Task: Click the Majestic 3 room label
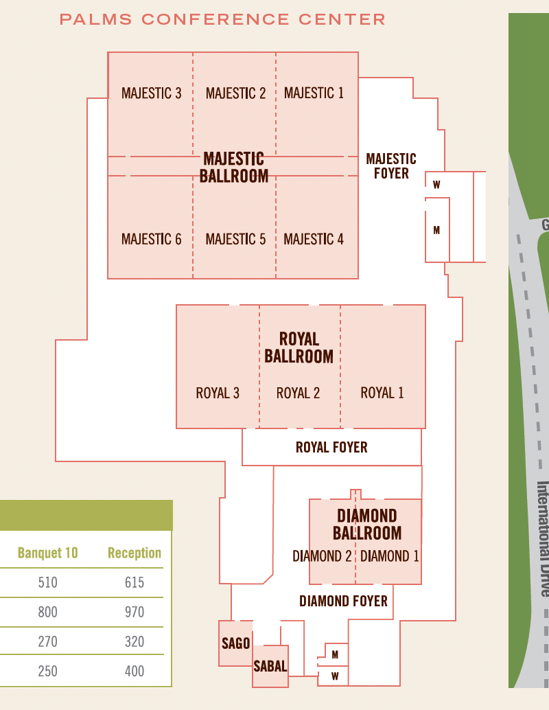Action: (151, 93)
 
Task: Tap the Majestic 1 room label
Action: (314, 93)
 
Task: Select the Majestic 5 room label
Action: (235, 239)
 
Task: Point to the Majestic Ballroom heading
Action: (234, 168)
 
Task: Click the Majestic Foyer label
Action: (391, 166)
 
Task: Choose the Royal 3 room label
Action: (218, 393)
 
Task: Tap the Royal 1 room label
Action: (382, 393)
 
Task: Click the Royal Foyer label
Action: (331, 448)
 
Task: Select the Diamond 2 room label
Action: (322, 556)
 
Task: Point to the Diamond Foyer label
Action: (343, 602)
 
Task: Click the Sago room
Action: (235, 643)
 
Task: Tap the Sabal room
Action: (270, 666)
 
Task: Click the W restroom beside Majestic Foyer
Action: (436, 185)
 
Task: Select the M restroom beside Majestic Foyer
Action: (436, 231)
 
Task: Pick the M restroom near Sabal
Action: (335, 655)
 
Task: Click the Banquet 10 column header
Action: (47, 553)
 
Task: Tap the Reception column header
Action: (135, 553)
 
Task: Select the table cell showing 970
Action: (135, 612)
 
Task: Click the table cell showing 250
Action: (47, 671)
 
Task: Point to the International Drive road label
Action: (543, 539)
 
